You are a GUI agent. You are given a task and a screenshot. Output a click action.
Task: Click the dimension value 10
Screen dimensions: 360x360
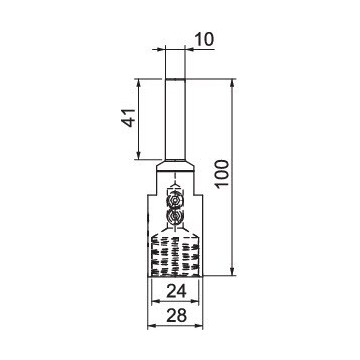[203, 40]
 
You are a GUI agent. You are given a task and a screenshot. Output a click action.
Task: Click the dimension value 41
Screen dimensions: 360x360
[128, 117]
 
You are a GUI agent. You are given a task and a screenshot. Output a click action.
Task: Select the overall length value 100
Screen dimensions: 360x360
[222, 174]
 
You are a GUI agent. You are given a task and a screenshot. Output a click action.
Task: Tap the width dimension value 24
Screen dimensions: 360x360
[177, 291]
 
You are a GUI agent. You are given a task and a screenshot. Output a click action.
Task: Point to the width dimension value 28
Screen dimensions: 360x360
[177, 316]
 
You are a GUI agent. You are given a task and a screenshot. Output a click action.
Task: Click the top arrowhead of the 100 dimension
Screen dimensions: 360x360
[233, 83]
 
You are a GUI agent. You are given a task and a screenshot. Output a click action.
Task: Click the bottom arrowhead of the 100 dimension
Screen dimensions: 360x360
[233, 272]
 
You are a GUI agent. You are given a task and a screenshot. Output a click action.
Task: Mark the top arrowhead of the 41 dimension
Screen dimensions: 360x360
[139, 83]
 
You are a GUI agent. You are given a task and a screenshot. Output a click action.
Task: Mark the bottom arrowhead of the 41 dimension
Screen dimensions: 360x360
[139, 156]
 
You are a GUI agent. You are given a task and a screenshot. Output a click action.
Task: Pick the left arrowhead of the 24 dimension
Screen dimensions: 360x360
[155, 301]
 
